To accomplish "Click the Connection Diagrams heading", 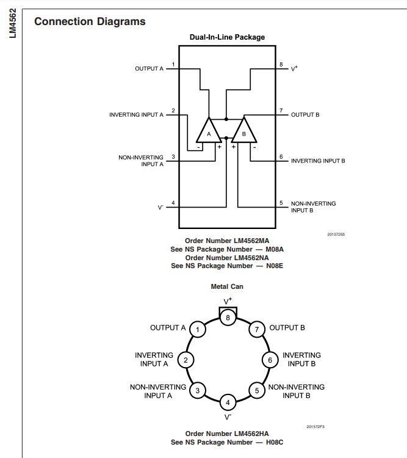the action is tap(90, 21).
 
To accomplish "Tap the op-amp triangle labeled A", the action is tap(209, 131).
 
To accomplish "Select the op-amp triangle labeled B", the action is tap(244, 131).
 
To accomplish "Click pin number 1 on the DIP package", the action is tap(173, 64).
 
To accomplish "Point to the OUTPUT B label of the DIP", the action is tap(305, 115).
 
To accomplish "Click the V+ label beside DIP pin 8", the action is tap(294, 68).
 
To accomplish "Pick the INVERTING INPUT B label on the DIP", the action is tap(318, 161).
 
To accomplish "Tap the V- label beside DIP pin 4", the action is tap(160, 208).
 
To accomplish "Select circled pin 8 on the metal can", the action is tap(228, 318).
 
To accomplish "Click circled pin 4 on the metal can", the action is tap(228, 402).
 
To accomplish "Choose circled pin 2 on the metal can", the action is tap(185, 360).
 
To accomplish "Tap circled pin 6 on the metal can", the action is tap(270, 360).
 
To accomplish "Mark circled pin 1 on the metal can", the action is tap(198, 330).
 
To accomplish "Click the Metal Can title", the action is tap(227, 286).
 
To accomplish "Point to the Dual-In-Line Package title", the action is tap(227, 37).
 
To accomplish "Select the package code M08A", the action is tap(275, 249).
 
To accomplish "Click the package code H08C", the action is tap(275, 442).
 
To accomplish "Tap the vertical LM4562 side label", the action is tap(13, 23).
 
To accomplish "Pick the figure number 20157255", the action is tap(336, 234).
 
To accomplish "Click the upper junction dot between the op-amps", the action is tap(226, 119).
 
